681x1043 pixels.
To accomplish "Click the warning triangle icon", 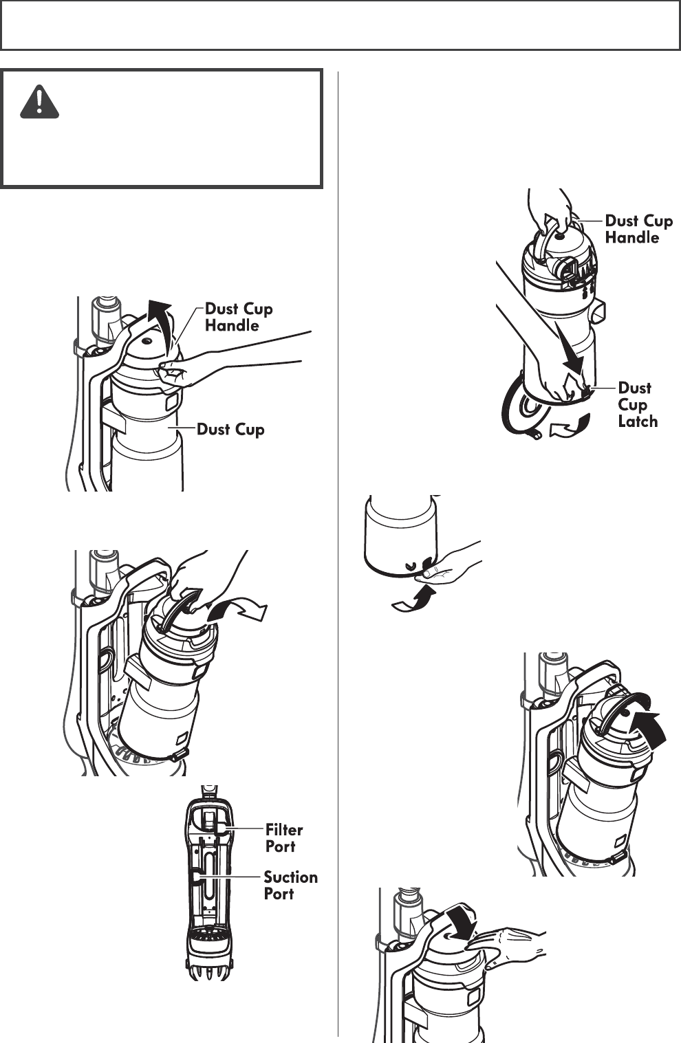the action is point(40,102).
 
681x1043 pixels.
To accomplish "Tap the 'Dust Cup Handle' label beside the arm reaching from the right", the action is point(239,317).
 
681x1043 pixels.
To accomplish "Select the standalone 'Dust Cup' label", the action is point(230,429).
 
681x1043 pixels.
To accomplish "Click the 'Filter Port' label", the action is point(284,837).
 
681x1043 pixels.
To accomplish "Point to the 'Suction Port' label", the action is point(291,885).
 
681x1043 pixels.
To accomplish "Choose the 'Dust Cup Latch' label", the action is point(638,405).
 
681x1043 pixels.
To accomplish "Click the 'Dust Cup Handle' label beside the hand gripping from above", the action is point(639,229).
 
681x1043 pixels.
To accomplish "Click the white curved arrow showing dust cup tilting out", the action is point(237,610).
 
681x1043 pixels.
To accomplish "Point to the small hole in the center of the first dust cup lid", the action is point(147,341).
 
